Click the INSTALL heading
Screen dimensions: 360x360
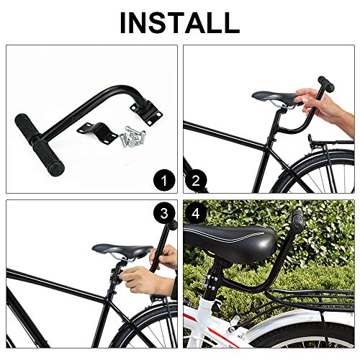[x=180, y=22]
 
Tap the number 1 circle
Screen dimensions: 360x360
[x=164, y=180]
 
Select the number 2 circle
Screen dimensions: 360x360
[x=196, y=180]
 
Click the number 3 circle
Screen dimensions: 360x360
[x=164, y=212]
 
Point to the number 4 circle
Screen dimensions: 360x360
[x=196, y=212]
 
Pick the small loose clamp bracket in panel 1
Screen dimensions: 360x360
[x=97, y=133]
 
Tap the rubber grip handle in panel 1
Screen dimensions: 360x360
[x=40, y=145]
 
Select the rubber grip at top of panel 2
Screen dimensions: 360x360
[x=326, y=84]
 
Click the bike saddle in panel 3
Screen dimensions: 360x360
[x=122, y=251]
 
